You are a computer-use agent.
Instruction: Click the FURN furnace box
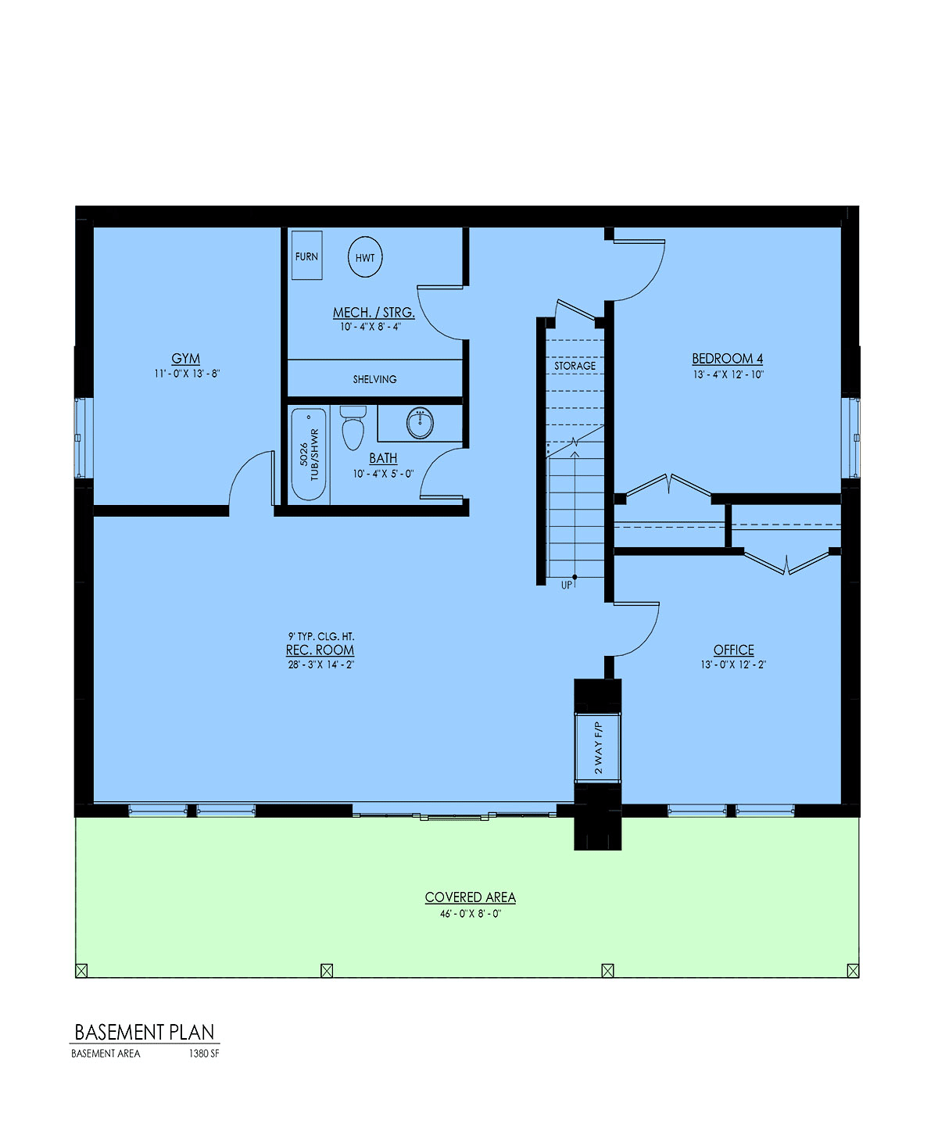click(x=307, y=256)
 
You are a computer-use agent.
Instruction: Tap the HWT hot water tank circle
click(x=365, y=257)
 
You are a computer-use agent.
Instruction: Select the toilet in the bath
click(x=353, y=428)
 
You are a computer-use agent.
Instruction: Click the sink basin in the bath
click(x=420, y=423)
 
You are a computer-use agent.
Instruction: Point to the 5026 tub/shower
click(x=309, y=454)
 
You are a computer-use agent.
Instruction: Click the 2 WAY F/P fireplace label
click(x=598, y=747)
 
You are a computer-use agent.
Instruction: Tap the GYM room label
click(x=186, y=359)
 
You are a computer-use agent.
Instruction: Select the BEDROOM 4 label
click(x=728, y=359)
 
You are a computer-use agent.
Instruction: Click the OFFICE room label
click(x=734, y=650)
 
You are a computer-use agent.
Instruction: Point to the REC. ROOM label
click(x=320, y=650)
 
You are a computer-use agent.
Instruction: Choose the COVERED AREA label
click(x=471, y=897)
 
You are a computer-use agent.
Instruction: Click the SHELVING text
click(x=375, y=379)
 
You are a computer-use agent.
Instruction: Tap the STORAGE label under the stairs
click(x=575, y=366)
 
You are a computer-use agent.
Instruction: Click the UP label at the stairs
click(x=566, y=585)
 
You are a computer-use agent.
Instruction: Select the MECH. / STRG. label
click(x=374, y=312)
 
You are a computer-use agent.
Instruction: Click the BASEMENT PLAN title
click(x=145, y=1033)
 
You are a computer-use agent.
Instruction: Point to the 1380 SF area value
click(x=204, y=1054)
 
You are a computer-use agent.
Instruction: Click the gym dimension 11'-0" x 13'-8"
click(x=187, y=374)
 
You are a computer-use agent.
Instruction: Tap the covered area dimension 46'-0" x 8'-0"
click(x=471, y=914)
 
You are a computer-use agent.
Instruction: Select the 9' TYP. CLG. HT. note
click(x=321, y=636)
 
